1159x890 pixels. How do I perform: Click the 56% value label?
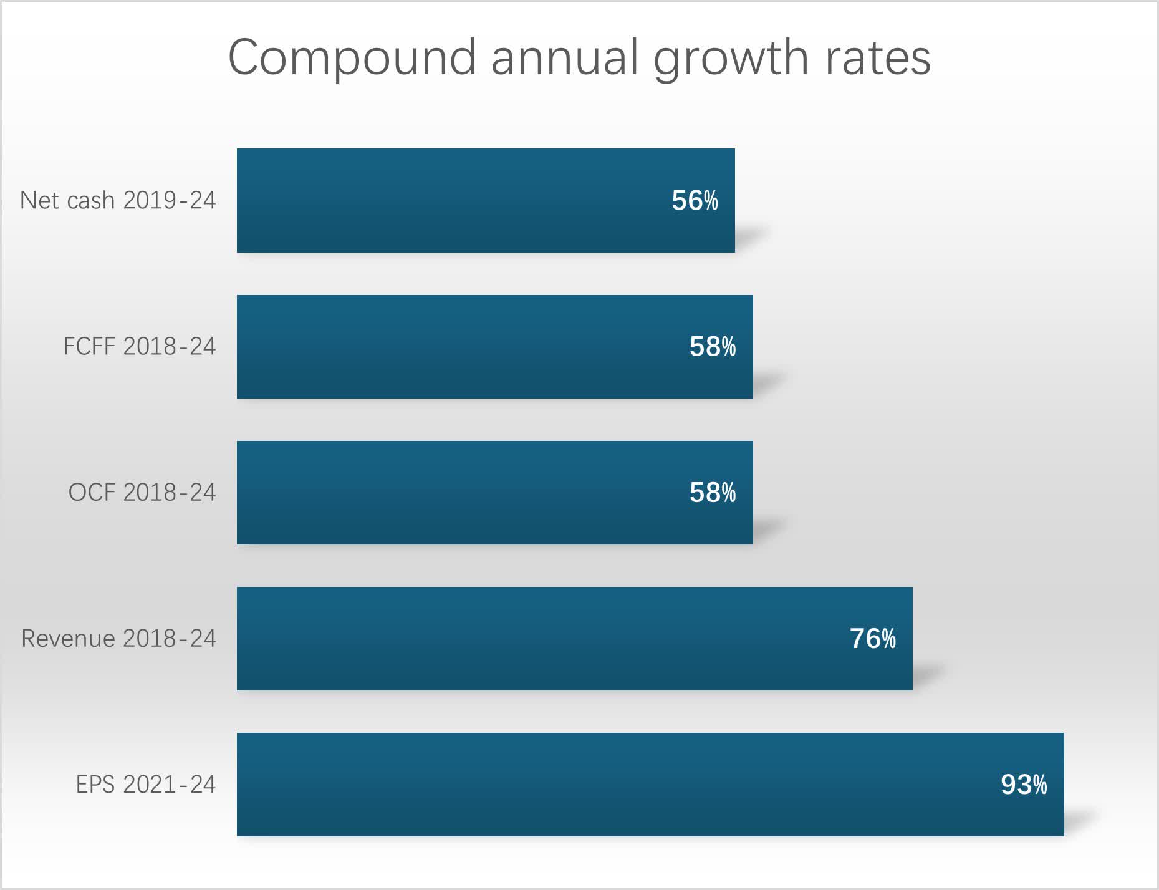[695, 201]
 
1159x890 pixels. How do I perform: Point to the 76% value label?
[872, 639]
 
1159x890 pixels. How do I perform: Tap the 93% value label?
[1024, 785]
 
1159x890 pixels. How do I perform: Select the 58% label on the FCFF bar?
[712, 347]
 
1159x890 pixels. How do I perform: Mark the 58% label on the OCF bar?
[712, 493]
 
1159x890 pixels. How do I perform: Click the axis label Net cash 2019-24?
[118, 200]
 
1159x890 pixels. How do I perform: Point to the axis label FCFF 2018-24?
[139, 346]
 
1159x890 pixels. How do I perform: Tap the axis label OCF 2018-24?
[142, 492]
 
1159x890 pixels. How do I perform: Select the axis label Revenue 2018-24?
[118, 638]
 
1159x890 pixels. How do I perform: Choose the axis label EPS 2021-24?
[145, 784]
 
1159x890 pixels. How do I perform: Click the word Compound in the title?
[352, 58]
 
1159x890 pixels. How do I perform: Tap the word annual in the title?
[564, 58]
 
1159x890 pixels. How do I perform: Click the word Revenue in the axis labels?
[69, 638]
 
